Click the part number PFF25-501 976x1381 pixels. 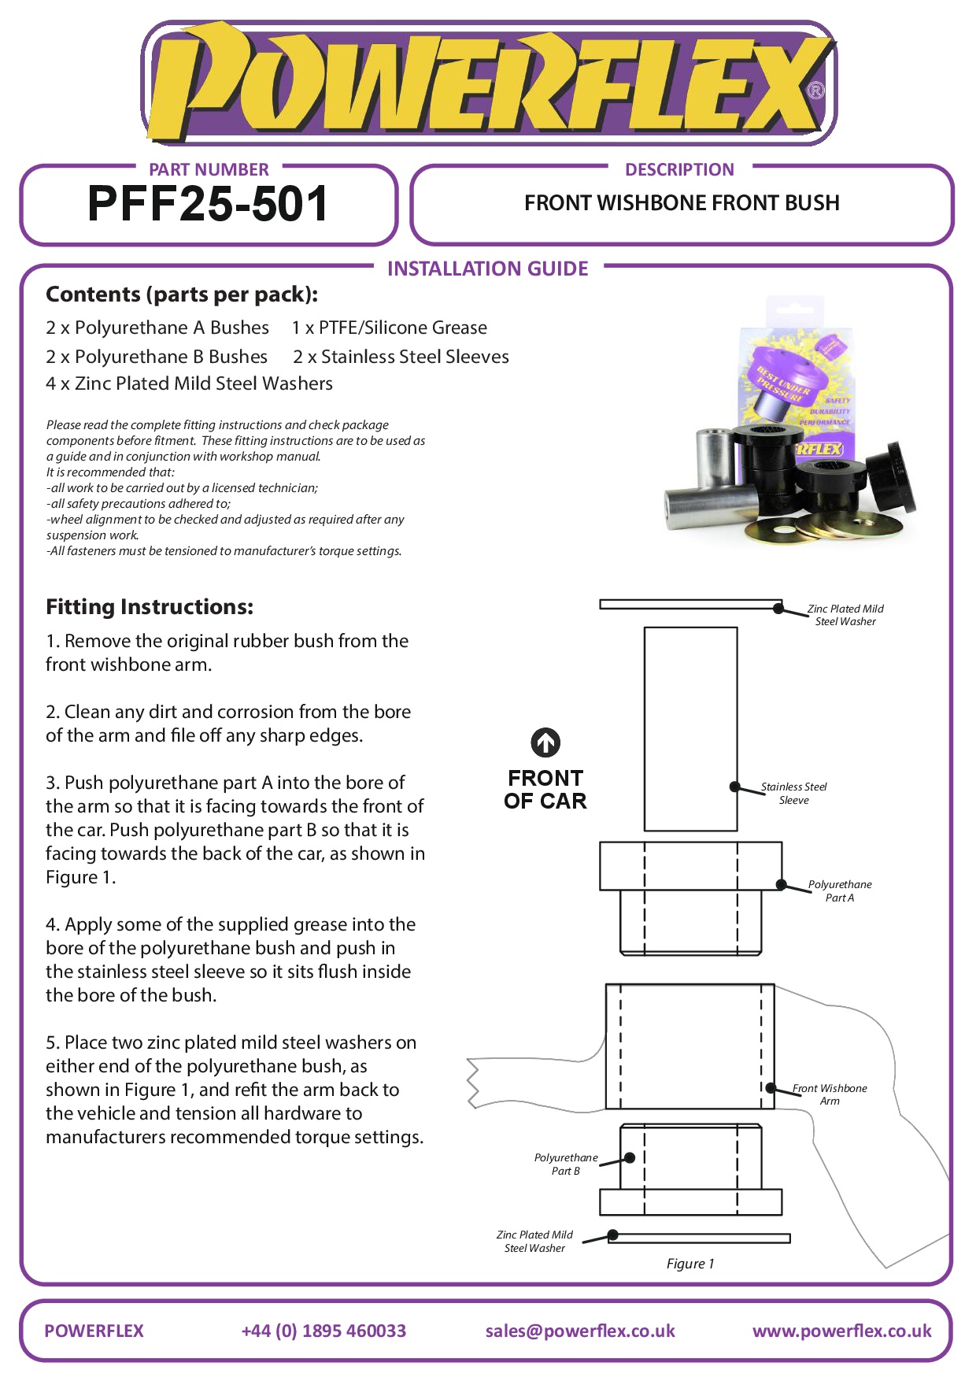(x=208, y=204)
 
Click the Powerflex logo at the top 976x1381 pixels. (x=488, y=83)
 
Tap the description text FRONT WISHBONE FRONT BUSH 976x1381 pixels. (x=682, y=203)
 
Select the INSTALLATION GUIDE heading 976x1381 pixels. (x=487, y=269)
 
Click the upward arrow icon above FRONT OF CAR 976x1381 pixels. (x=545, y=742)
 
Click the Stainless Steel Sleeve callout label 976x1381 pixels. (x=793, y=794)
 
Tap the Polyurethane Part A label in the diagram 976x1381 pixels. (x=839, y=891)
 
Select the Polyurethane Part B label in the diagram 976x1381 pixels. (x=565, y=1164)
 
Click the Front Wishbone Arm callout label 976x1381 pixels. (x=830, y=1094)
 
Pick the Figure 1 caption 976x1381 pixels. (x=690, y=1264)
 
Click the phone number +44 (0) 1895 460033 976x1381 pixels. (x=323, y=1331)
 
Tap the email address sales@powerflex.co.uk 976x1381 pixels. (x=580, y=1331)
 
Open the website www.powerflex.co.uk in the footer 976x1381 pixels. (x=841, y=1331)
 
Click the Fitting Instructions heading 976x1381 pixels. (x=150, y=607)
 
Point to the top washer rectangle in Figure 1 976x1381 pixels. (x=690, y=605)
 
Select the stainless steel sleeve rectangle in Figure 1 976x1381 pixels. (x=690, y=728)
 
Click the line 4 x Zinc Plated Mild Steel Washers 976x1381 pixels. (x=189, y=383)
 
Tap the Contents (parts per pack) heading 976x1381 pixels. (x=182, y=294)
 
